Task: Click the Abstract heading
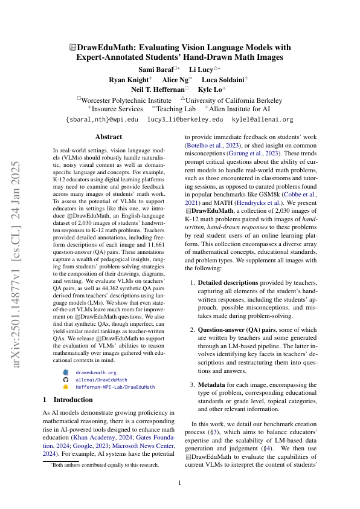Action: click(x=109, y=137)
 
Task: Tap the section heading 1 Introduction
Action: click(x=68, y=400)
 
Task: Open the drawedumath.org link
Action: click(x=96, y=373)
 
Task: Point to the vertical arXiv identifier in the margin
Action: click(x=19, y=254)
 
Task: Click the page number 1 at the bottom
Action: click(x=180, y=482)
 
